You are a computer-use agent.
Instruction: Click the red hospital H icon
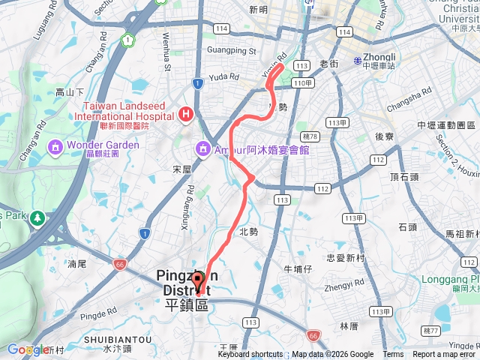pos(185,115)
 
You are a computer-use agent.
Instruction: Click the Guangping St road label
pos(231,52)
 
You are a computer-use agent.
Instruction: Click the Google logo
pos(27,349)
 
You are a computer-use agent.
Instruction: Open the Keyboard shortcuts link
pos(250,355)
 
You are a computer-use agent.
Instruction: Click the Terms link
pos(393,355)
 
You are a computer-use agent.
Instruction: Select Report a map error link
pos(444,355)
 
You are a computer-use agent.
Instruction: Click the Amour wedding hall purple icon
pos(202,150)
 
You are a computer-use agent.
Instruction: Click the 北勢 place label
pos(248,232)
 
